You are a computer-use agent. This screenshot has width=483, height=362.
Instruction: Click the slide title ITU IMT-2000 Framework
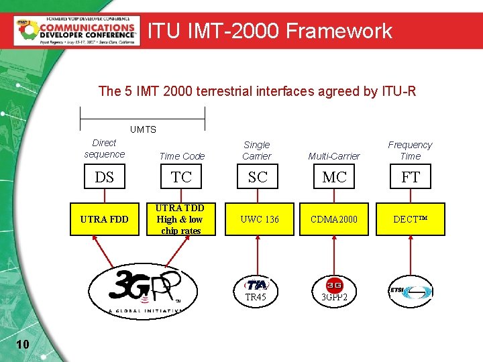point(270,31)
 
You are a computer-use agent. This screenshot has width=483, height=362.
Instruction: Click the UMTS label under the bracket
point(142,129)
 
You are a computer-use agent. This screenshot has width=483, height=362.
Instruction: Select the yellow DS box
point(104,177)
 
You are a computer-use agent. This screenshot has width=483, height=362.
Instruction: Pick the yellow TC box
point(181,177)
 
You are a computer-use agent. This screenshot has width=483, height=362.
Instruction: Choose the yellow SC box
point(257,177)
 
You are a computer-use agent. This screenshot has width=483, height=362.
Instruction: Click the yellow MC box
point(333,177)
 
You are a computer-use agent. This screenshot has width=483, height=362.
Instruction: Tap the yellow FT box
point(410,177)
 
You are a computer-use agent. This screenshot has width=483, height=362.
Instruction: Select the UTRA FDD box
point(104,219)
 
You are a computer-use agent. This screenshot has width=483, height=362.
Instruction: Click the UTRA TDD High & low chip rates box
point(180,219)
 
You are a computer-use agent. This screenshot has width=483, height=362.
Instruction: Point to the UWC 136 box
point(257,219)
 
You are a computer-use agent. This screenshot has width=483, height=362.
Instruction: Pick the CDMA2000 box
point(333,219)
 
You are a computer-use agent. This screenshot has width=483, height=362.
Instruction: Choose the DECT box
point(410,219)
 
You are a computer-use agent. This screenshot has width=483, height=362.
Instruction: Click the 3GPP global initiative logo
point(138,290)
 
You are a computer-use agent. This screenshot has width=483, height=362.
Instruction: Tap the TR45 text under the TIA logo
point(256,297)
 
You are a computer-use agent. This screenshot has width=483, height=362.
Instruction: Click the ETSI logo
point(410,291)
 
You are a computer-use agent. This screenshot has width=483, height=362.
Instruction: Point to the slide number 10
point(21,344)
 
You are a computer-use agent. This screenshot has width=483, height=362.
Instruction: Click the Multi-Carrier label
point(333,156)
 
